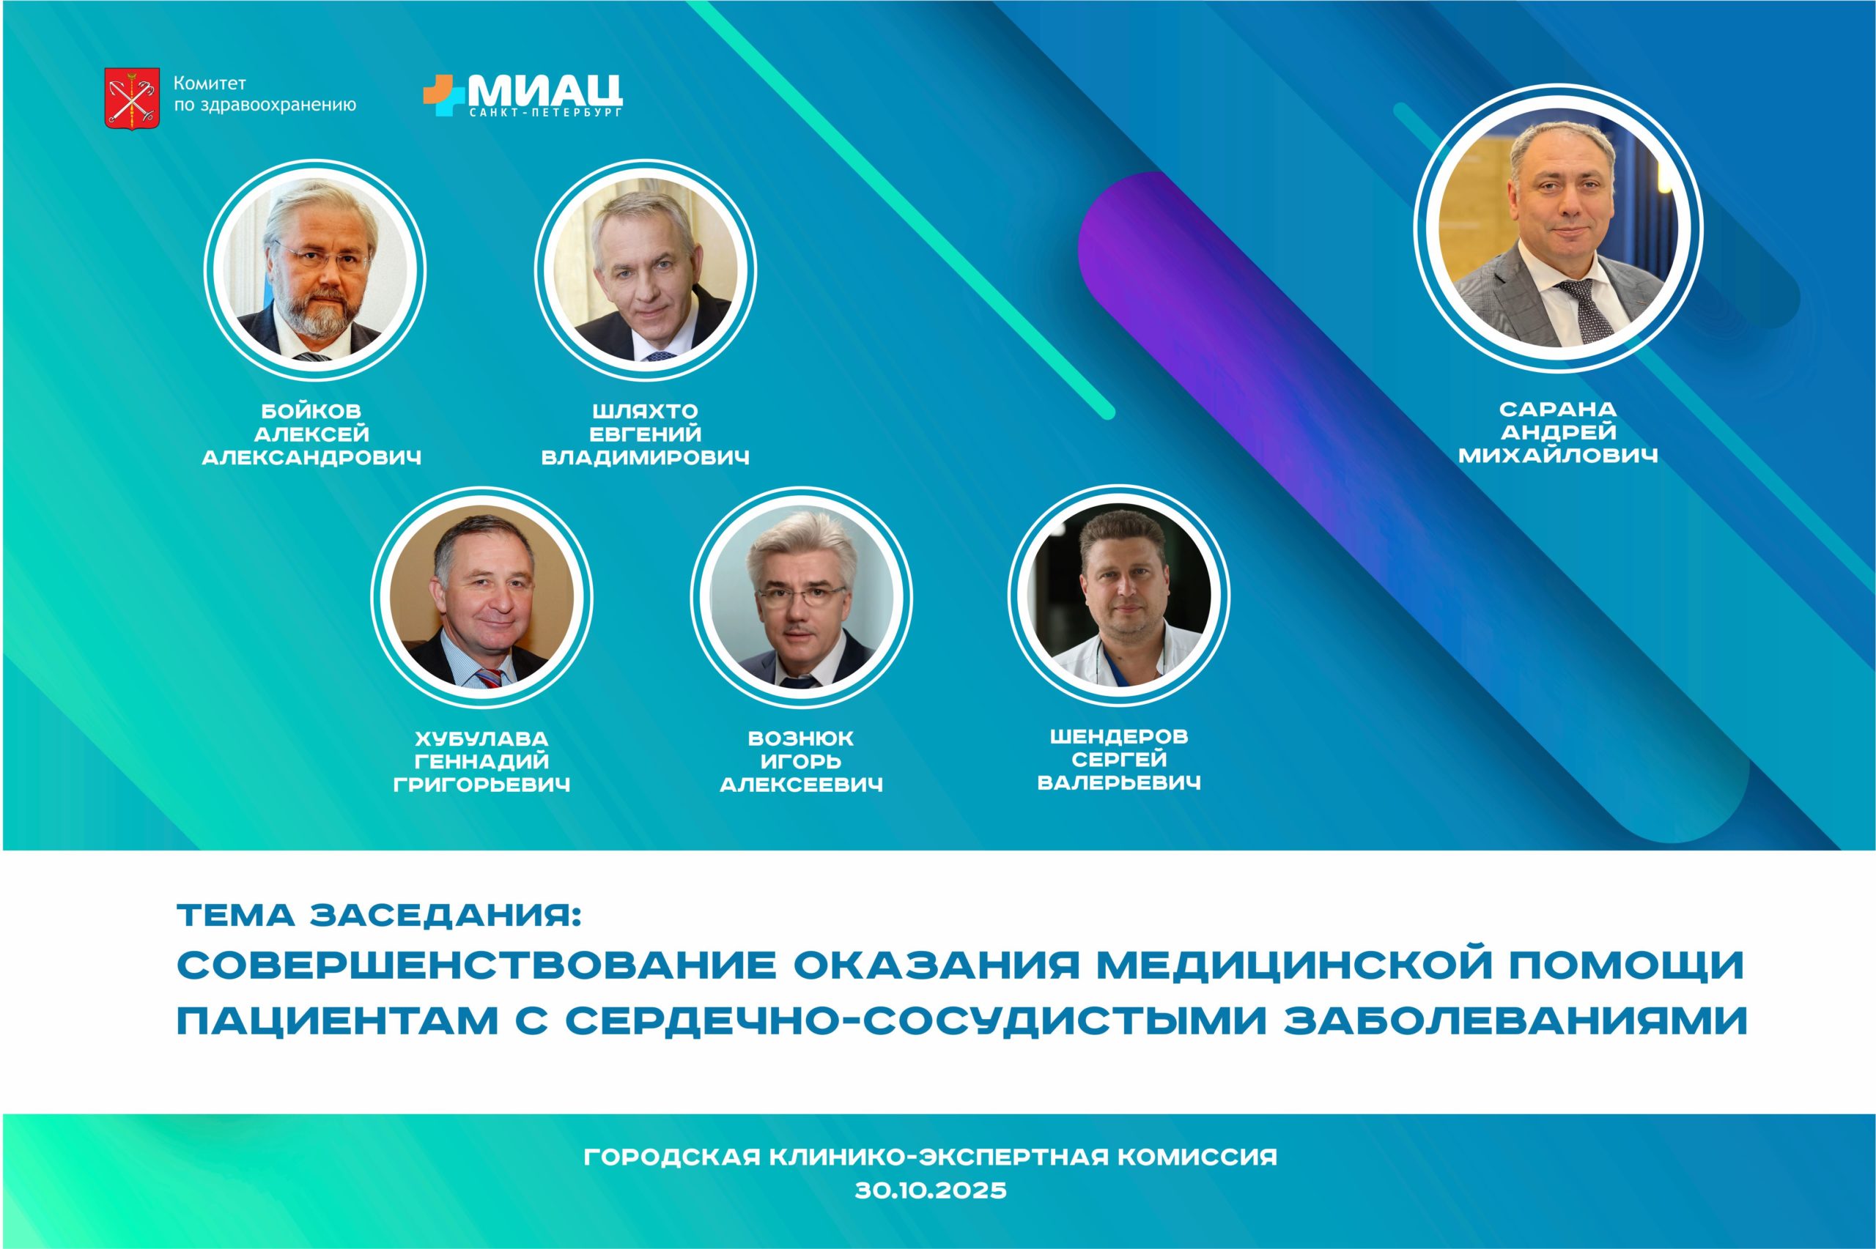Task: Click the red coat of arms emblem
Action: [x=131, y=98]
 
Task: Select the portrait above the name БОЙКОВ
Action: [x=314, y=270]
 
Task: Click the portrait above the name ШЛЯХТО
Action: [x=646, y=270]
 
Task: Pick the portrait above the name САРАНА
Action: [x=1558, y=228]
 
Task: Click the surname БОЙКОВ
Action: [x=311, y=412]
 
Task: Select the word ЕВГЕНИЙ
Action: [x=646, y=434]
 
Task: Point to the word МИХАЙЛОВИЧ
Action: [x=1558, y=456]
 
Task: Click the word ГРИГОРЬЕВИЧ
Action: [x=482, y=785]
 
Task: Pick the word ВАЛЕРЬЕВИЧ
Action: [x=1118, y=783]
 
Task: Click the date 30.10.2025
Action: [x=931, y=1190]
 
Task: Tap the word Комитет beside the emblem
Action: [x=210, y=84]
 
